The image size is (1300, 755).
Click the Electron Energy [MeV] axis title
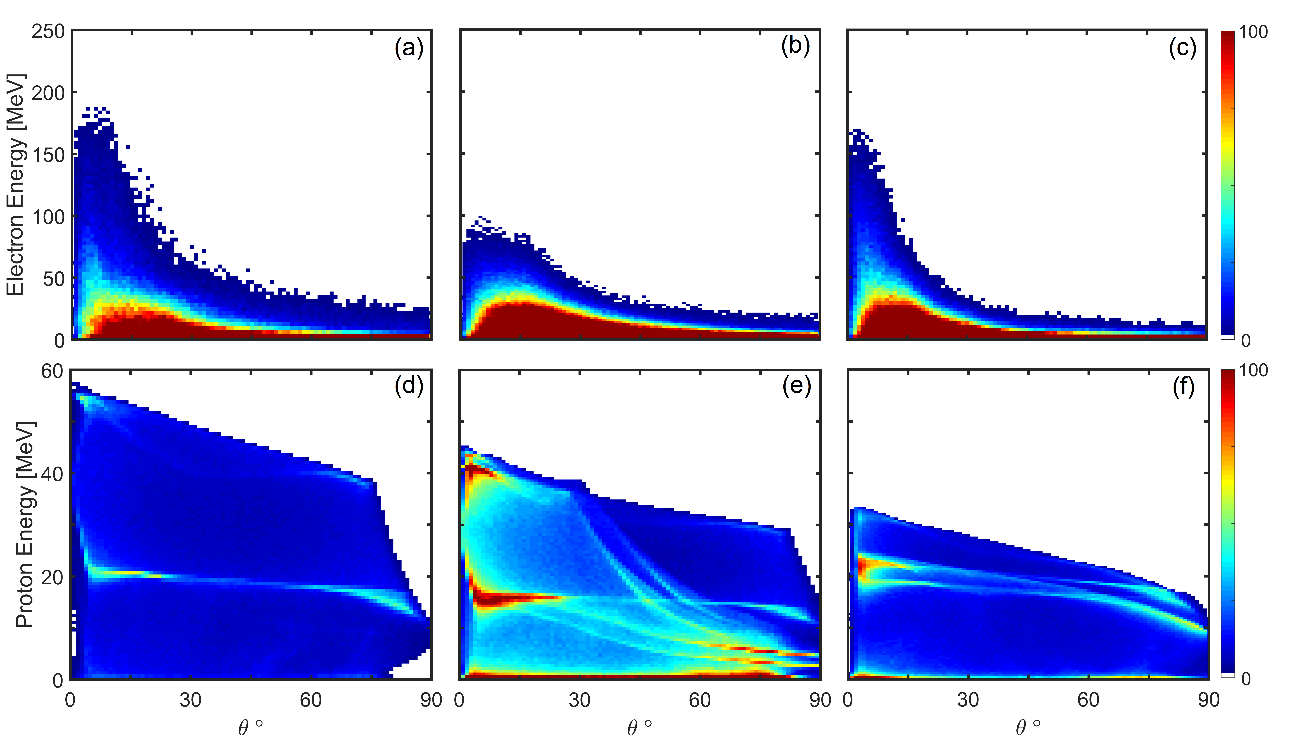tap(16, 185)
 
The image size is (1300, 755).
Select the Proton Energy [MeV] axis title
tap(25, 524)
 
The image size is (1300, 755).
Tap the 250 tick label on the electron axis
tap(48, 32)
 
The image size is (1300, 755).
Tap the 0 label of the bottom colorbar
tap(1246, 679)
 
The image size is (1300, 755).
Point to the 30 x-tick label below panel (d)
tap(190, 700)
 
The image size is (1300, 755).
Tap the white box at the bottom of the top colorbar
tap(1228, 337)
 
